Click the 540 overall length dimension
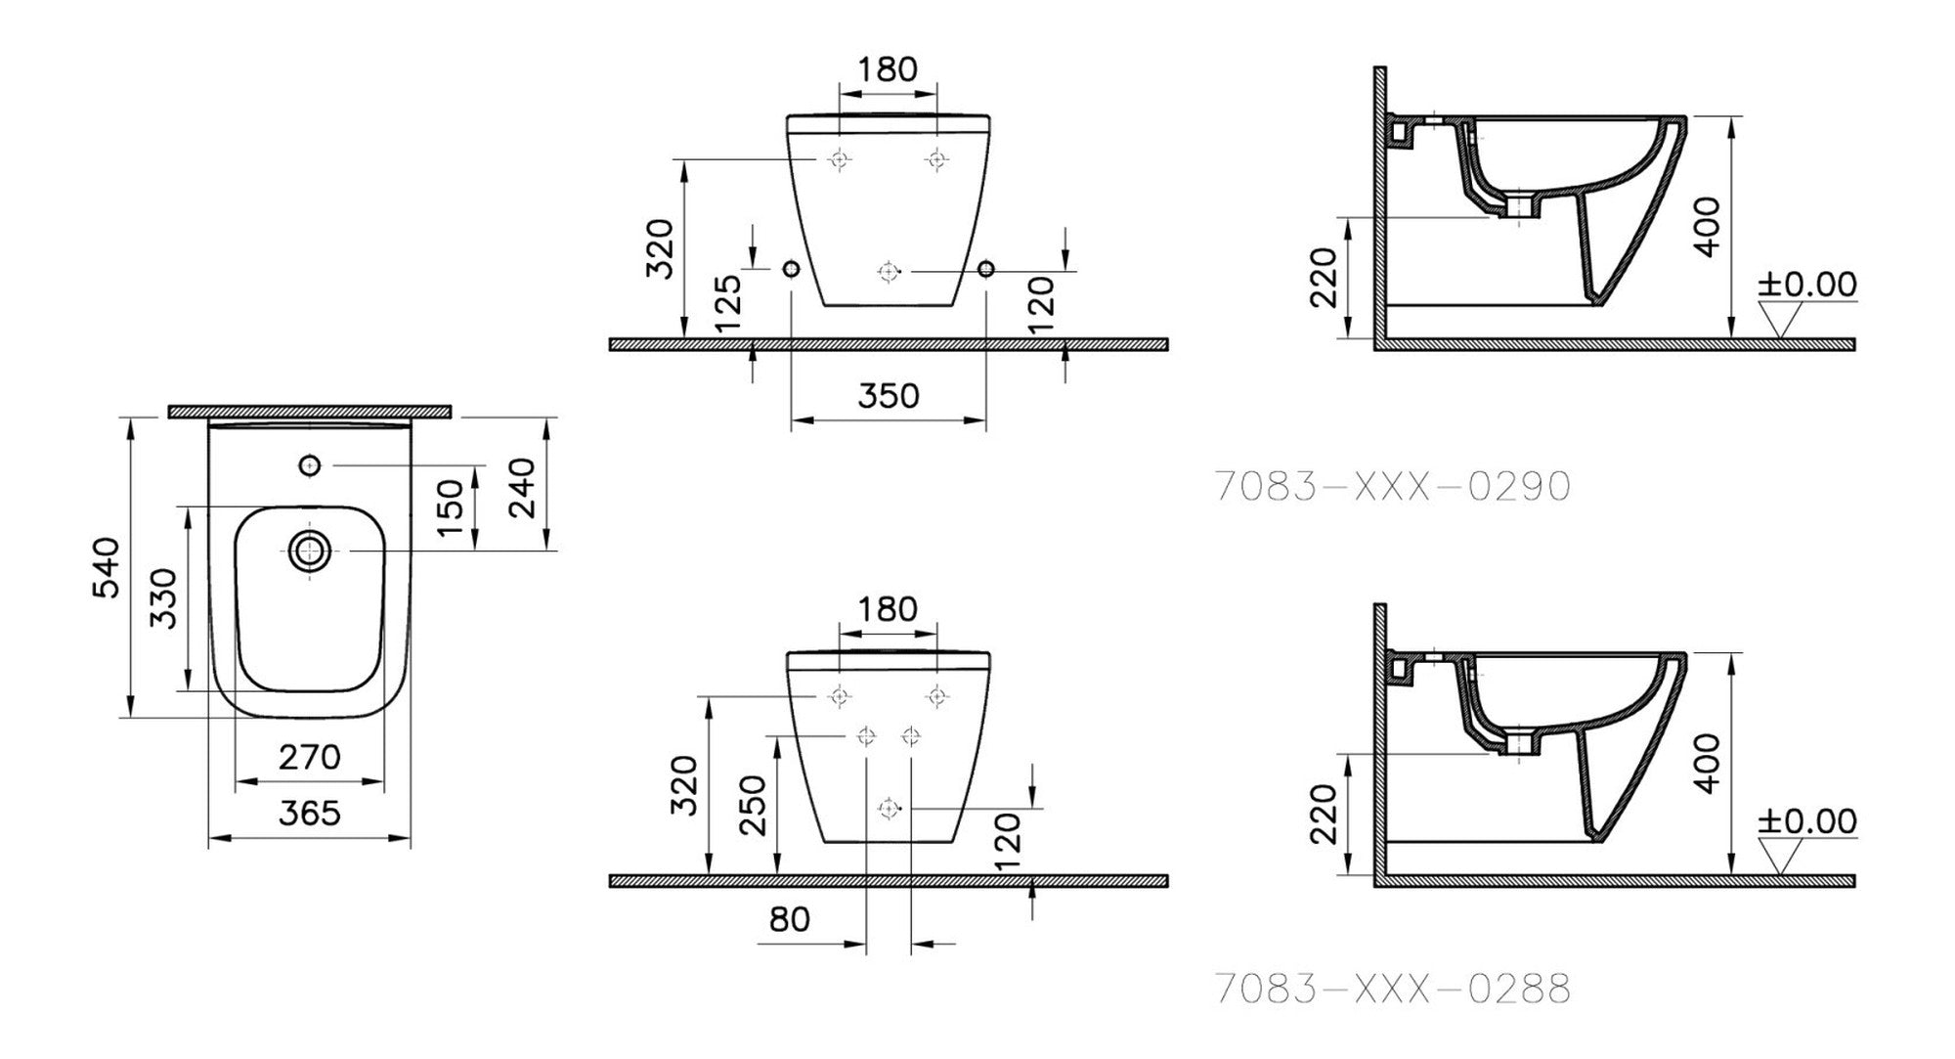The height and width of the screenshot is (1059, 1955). pos(106,567)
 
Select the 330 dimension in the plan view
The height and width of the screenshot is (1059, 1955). pos(163,598)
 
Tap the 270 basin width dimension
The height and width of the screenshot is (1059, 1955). pos(310,757)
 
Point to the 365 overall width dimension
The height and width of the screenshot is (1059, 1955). pos(310,813)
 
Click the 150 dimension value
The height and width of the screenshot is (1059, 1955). pos(450,507)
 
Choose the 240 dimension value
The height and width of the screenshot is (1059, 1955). pos(522,486)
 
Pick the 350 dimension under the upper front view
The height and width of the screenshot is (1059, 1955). pos(889,395)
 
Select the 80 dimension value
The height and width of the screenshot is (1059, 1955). pos(790,919)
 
